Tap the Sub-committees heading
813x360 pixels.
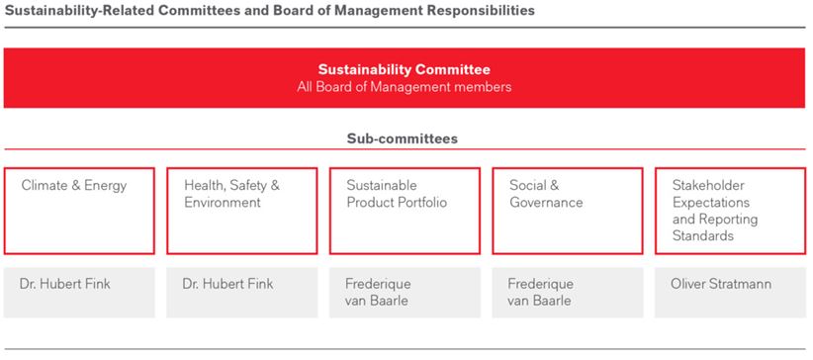(402, 139)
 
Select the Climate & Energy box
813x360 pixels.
(79, 211)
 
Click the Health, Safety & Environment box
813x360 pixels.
(241, 211)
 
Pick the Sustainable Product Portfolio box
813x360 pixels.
(405, 211)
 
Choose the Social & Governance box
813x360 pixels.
(567, 211)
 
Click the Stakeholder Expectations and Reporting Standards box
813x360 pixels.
(730, 211)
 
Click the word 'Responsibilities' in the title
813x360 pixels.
(479, 11)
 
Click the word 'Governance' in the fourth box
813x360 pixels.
(546, 203)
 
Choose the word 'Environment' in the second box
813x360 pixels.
(223, 203)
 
